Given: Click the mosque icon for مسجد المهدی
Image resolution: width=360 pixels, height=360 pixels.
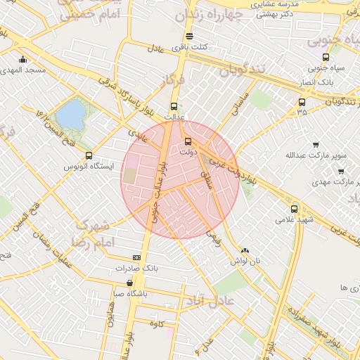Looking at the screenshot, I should point(23,60).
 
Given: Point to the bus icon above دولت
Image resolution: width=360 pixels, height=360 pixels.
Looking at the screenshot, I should point(187,141).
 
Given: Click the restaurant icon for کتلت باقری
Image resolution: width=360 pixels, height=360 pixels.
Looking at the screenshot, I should point(188,36).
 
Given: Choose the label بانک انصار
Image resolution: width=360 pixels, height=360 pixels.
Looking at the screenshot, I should point(324,82).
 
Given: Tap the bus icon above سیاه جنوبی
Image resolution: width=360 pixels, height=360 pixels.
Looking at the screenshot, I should point(325,58).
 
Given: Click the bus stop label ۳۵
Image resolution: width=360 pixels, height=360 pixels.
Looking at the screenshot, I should point(302,112).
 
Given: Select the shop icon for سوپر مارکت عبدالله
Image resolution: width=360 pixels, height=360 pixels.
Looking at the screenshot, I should point(314,144).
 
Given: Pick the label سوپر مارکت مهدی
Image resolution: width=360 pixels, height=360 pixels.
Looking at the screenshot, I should point(332,181).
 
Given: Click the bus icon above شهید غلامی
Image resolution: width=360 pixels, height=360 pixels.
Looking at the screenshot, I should point(294,208).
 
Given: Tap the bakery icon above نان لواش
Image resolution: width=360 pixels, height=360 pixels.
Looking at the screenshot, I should point(245,250).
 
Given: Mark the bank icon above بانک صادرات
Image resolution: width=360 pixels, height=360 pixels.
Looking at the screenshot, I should point(136,258).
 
